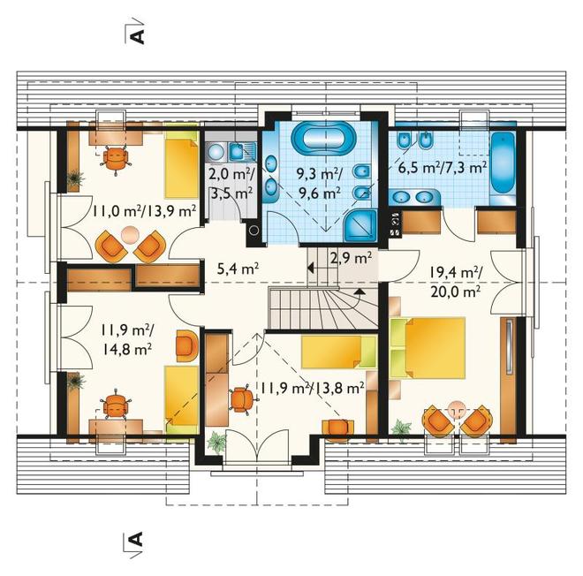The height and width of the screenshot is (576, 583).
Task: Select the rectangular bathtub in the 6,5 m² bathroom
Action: [x=503, y=163]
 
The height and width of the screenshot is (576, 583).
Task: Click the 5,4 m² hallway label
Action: [x=238, y=268]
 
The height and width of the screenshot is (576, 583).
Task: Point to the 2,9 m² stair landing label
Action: [x=351, y=257]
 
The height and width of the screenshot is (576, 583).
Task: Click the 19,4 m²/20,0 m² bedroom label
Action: [x=456, y=282]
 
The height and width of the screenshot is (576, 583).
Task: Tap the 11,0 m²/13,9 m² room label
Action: [x=144, y=212]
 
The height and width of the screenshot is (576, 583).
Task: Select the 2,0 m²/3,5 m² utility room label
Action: [x=231, y=183]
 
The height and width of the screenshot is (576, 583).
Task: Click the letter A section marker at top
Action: [x=137, y=36]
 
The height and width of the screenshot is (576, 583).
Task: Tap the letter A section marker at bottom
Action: [x=136, y=538]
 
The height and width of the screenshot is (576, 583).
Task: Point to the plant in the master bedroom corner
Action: [x=401, y=428]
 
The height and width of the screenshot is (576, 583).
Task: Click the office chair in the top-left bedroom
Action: [x=116, y=158]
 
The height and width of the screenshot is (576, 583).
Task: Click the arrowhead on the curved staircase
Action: [x=360, y=292]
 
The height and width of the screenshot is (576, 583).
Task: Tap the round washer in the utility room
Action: [x=216, y=152]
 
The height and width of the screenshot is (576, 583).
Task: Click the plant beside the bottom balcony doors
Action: [x=216, y=442]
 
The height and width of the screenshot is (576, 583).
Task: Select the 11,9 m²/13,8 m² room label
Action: [x=312, y=389]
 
